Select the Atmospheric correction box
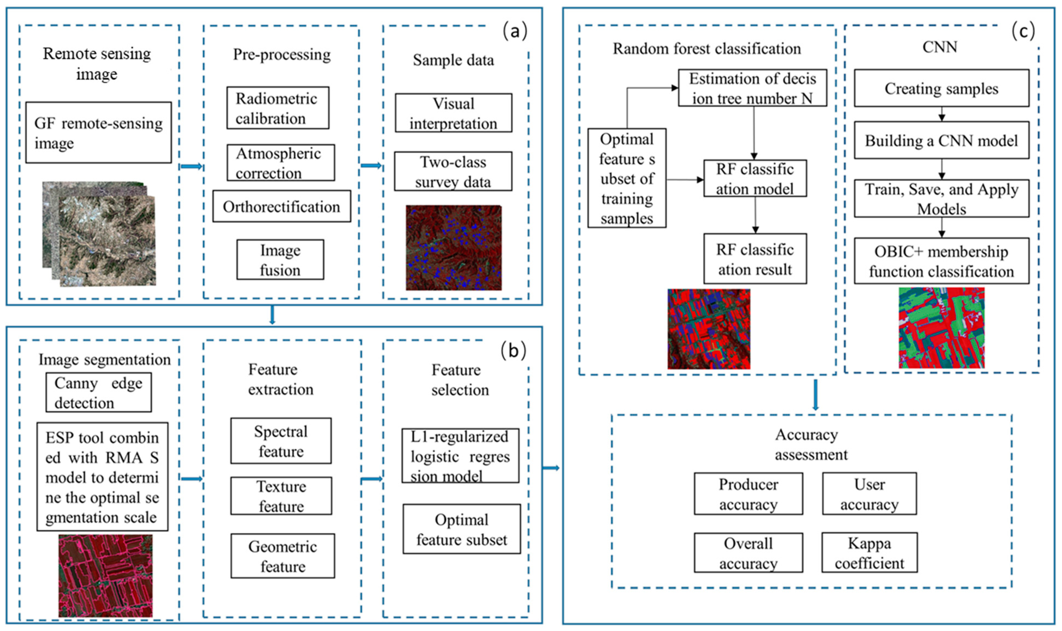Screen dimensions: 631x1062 280,163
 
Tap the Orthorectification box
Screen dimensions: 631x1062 282,207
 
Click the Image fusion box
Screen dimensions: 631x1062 280,260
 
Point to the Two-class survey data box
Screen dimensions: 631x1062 453,171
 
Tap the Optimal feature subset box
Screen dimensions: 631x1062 462,529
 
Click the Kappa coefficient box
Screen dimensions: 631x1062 869,553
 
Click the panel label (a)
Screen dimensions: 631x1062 515,31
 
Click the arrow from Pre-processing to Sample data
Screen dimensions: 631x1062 371,166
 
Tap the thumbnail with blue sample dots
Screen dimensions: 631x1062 453,248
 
